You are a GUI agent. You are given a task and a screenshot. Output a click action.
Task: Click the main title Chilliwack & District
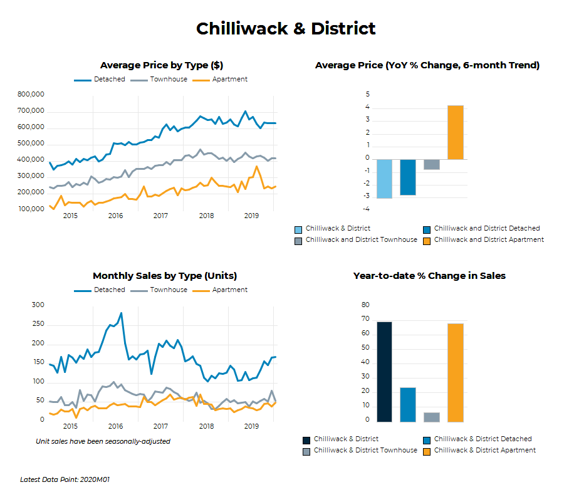pyautogui.click(x=286, y=29)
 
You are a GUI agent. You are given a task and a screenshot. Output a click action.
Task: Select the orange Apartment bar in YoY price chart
pyautogui.click(x=456, y=132)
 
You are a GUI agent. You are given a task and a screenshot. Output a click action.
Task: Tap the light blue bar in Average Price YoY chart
pyautogui.click(x=384, y=179)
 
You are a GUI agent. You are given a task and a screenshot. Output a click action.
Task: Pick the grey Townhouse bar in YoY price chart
pyautogui.click(x=432, y=164)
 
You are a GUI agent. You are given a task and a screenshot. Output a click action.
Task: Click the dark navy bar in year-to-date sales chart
pyautogui.click(x=384, y=372)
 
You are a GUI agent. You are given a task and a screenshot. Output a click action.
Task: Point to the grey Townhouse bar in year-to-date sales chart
pyautogui.click(x=432, y=417)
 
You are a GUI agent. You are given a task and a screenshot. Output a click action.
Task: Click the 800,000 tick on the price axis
pyautogui.click(x=31, y=95)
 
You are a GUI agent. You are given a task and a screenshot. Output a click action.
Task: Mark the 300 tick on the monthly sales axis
pyautogui.click(x=38, y=305)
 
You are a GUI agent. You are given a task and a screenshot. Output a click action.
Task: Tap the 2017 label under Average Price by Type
pyautogui.click(x=160, y=216)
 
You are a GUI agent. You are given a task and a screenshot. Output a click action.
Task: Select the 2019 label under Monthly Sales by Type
pyautogui.click(x=251, y=427)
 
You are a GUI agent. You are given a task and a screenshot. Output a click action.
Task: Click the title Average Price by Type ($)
pyautogui.click(x=162, y=65)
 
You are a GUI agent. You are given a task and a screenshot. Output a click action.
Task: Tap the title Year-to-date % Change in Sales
pyautogui.click(x=429, y=276)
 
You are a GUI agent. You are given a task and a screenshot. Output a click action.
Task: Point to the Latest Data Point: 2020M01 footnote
pyautogui.click(x=65, y=480)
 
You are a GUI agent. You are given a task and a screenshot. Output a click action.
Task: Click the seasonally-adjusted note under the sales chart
pyautogui.click(x=103, y=441)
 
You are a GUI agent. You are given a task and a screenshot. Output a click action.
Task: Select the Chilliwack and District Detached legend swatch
pyautogui.click(x=427, y=229)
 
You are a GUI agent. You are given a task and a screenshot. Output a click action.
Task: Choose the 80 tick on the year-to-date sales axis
pyautogui.click(x=366, y=305)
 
